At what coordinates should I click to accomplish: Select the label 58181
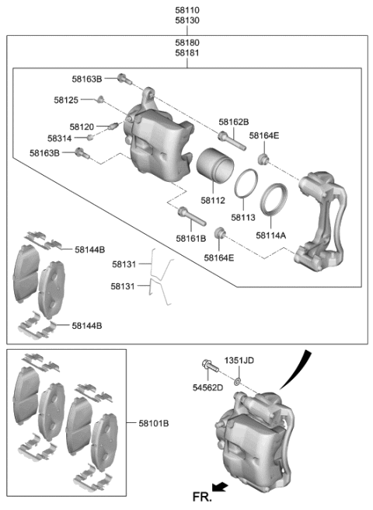coord(186,54)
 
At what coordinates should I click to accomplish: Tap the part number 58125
coord(67,100)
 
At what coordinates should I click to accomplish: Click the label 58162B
coord(233,122)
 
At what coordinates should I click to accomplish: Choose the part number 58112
coord(212,200)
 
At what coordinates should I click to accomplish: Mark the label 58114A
coord(271,233)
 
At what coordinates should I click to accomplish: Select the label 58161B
coord(190,238)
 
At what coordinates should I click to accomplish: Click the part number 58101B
coord(154,424)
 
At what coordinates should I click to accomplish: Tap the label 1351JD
coord(239,361)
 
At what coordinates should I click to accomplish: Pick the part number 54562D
coord(207,387)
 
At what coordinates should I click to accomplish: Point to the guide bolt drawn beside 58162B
coord(226,139)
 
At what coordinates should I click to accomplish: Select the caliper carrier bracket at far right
coord(321,222)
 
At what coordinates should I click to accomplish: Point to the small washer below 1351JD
coord(237,381)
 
